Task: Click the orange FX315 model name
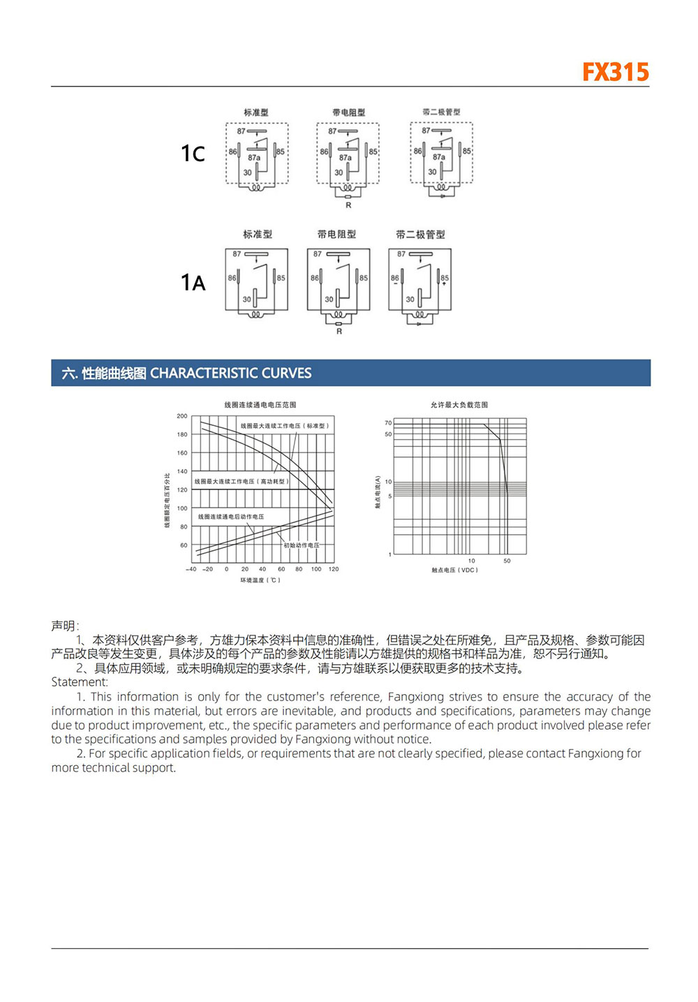tap(615, 72)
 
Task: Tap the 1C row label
tap(193, 154)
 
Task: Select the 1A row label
tap(193, 282)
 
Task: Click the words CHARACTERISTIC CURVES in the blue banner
tap(231, 373)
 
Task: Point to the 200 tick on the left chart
tap(181, 416)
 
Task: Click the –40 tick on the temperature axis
tap(191, 569)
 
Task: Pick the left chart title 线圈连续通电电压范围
tap(260, 405)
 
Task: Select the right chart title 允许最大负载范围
tap(459, 405)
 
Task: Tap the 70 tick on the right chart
tap(388, 423)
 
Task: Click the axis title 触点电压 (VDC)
tap(454, 570)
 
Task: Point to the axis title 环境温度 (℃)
tap(260, 580)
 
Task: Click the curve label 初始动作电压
tap(302, 545)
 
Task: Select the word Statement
tap(79, 682)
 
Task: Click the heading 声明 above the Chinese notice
tap(64, 626)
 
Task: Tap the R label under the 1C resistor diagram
tap(348, 205)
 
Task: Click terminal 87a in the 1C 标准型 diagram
tap(254, 158)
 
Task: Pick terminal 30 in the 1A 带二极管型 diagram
tap(410, 300)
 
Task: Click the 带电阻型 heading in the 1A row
tap(336, 235)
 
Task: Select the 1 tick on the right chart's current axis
tap(389, 554)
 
